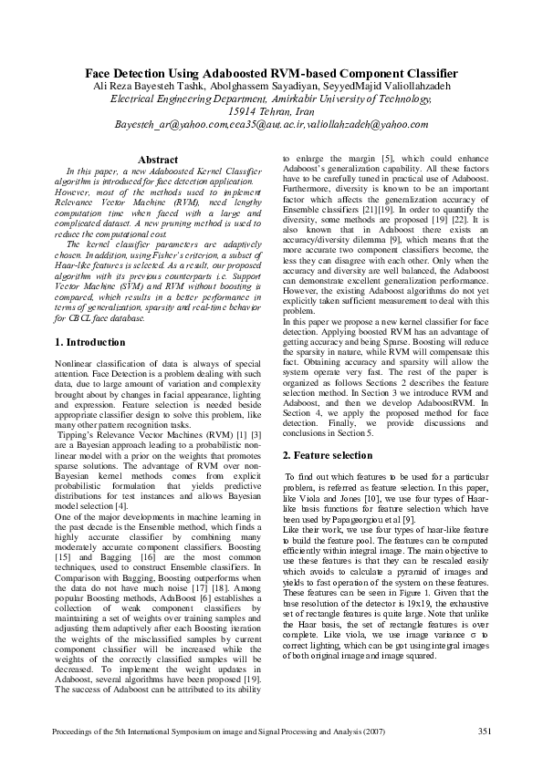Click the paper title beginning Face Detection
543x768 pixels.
(x=271, y=73)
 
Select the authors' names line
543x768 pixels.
(x=271, y=86)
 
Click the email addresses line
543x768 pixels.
(x=271, y=124)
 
